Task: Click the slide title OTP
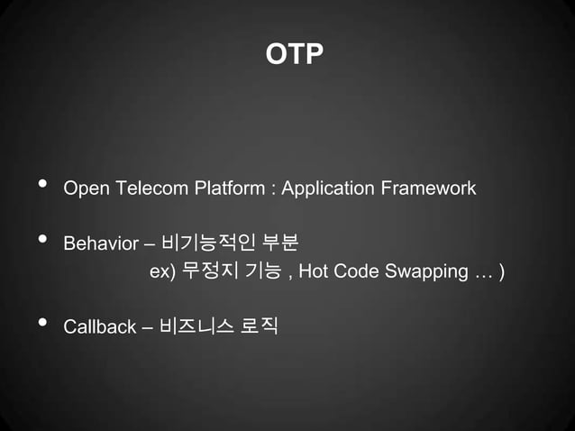(x=294, y=55)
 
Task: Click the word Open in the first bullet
(x=84, y=189)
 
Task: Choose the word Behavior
(x=101, y=244)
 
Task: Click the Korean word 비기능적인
(x=206, y=243)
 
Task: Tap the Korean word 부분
(x=279, y=243)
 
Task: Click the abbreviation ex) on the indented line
(x=161, y=271)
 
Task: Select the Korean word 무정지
(x=206, y=271)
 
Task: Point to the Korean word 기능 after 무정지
(x=260, y=271)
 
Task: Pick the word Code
(x=354, y=271)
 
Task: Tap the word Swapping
(x=419, y=271)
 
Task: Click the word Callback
(x=99, y=326)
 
